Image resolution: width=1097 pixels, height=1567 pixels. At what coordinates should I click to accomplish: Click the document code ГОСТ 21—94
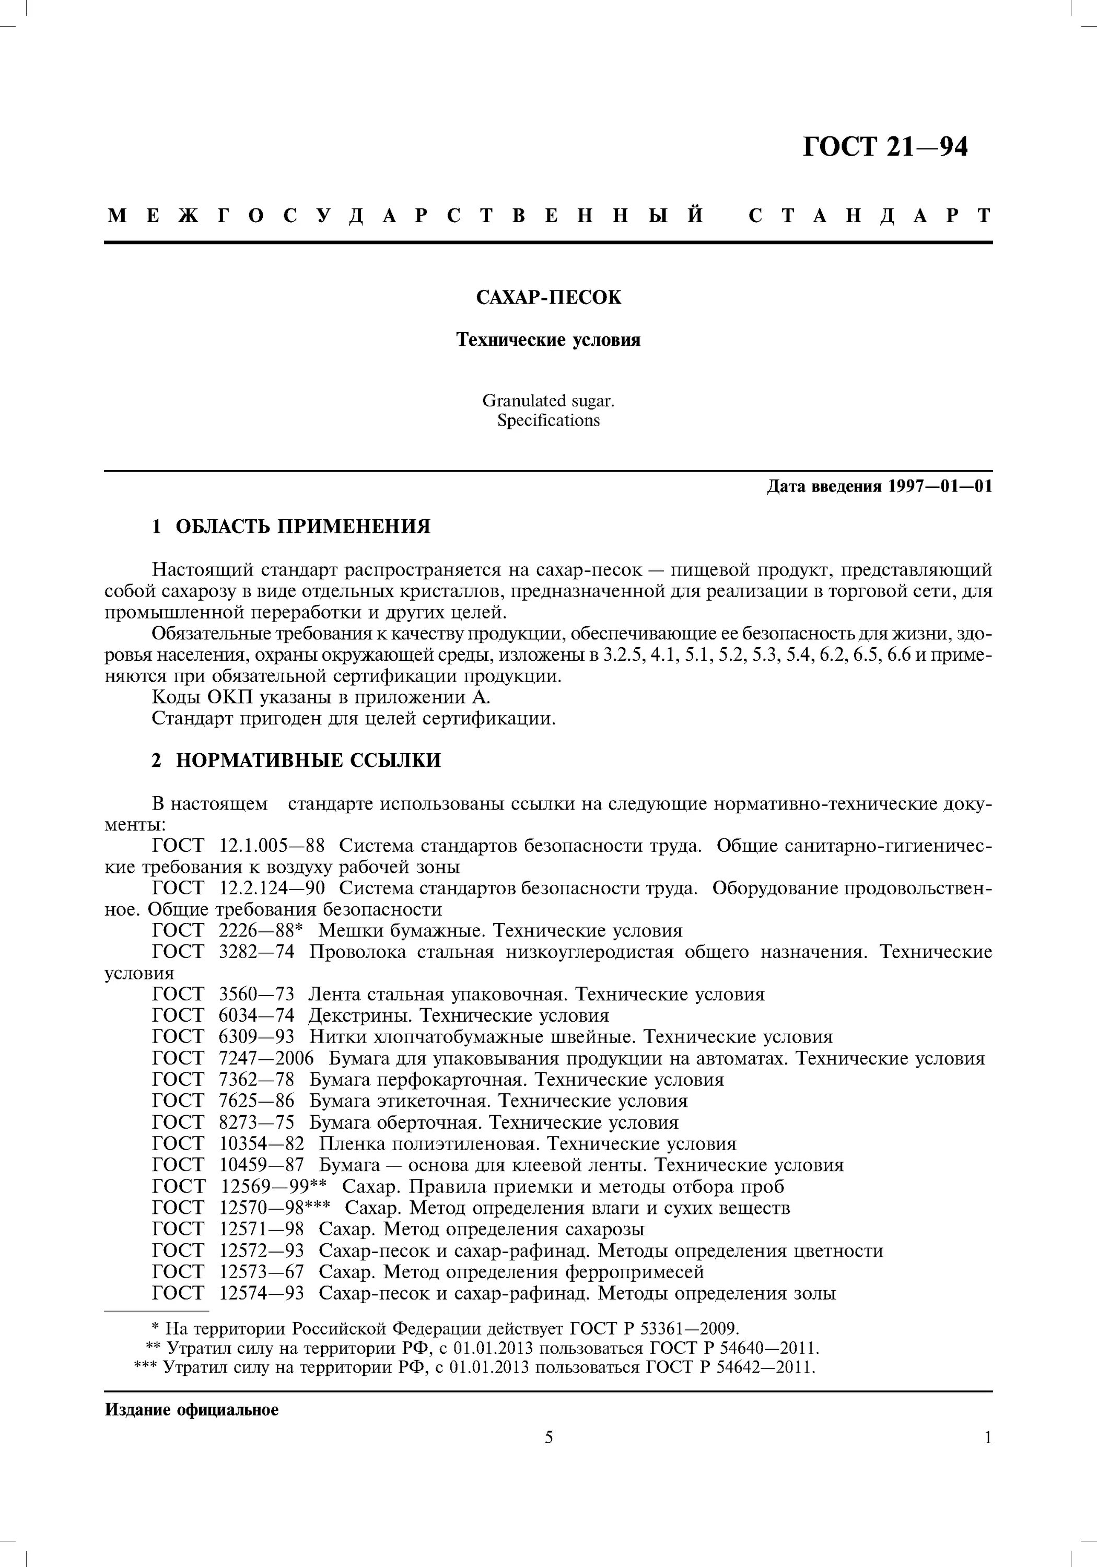(885, 147)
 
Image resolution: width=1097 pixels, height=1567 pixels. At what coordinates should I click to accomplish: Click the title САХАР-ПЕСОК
(548, 298)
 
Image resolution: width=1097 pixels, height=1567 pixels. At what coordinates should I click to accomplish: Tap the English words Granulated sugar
(548, 401)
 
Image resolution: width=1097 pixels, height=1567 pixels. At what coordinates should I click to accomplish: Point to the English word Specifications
(548, 420)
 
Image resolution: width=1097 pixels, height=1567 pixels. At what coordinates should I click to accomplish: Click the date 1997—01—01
(940, 487)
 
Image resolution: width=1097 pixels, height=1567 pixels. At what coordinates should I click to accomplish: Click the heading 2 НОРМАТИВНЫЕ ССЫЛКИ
(296, 761)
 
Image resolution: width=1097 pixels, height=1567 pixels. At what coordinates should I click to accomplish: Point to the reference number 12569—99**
(274, 1187)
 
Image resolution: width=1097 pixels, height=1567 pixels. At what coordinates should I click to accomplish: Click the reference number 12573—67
(261, 1272)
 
